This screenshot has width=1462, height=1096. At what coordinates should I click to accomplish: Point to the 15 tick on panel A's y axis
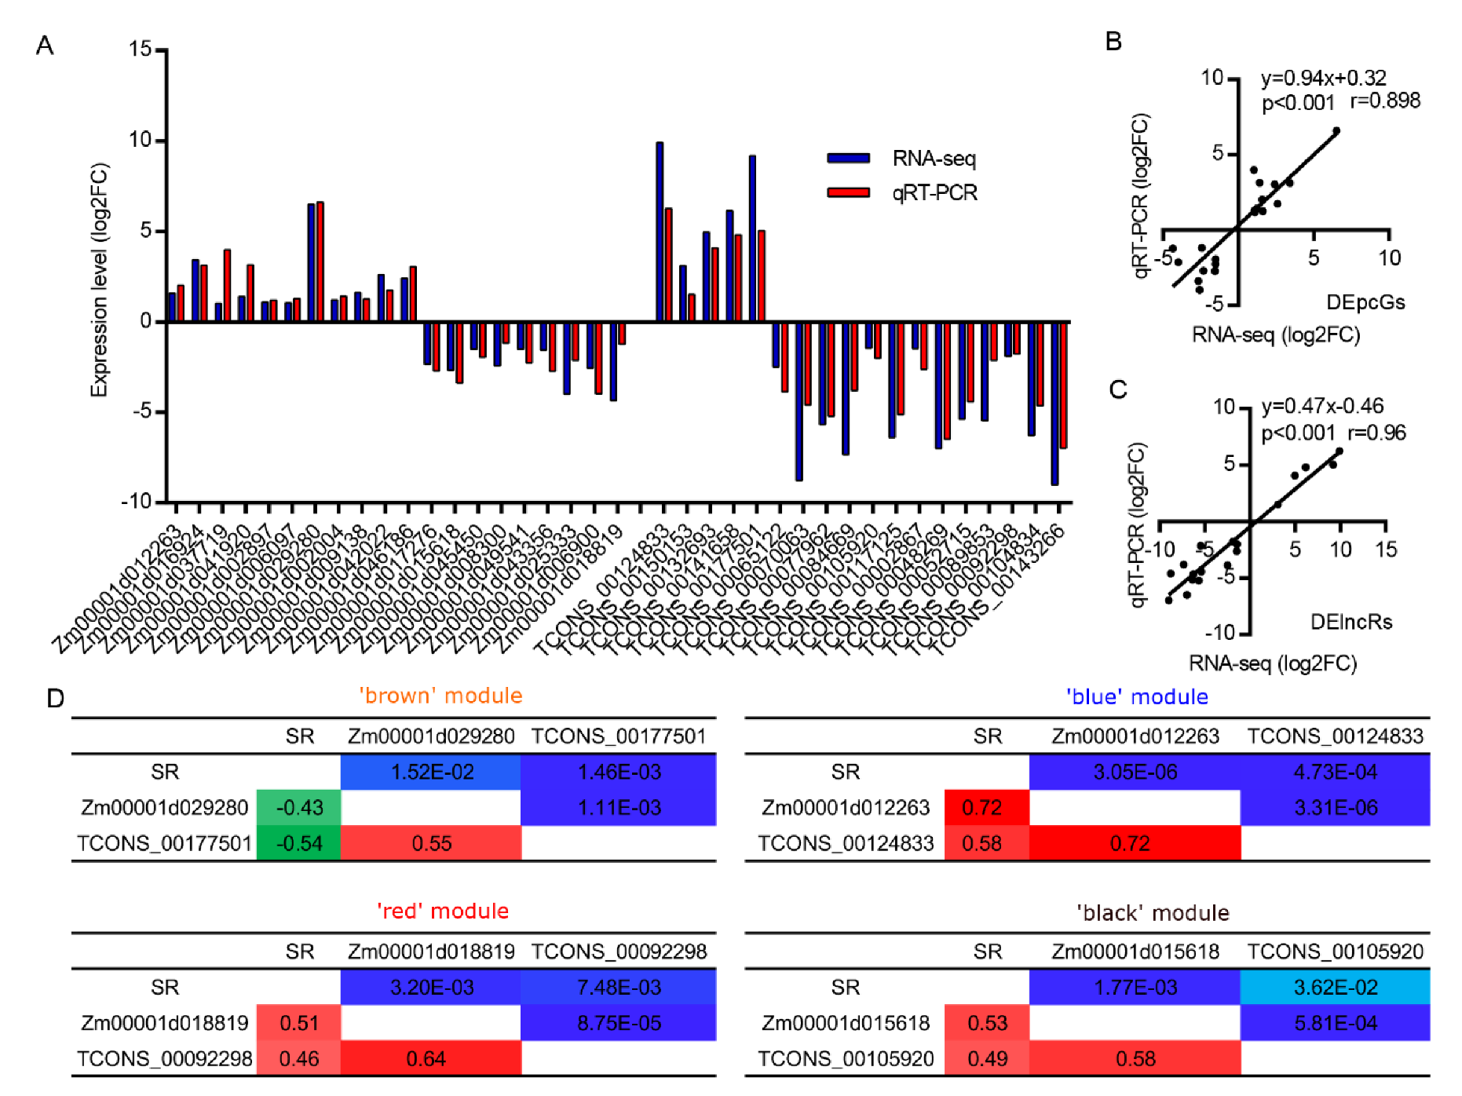click(141, 49)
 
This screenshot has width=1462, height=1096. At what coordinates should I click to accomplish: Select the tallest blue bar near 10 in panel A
click(660, 232)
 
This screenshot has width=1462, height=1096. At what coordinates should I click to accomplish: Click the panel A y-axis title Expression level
click(99, 279)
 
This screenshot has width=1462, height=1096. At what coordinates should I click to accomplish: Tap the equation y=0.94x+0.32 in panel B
click(1323, 78)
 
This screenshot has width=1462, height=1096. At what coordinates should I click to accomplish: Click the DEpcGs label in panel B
click(1365, 302)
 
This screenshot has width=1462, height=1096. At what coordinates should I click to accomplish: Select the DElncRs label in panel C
click(1351, 622)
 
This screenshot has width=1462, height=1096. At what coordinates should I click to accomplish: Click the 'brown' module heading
click(440, 696)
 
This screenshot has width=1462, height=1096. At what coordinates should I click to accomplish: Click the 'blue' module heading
click(1136, 696)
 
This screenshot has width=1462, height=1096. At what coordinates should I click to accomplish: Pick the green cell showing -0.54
click(299, 843)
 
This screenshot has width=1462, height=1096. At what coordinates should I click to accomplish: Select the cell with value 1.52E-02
click(431, 772)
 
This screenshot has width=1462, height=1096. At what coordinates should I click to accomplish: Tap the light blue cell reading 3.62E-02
click(1335, 987)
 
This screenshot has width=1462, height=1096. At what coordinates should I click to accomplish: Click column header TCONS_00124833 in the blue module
click(1335, 736)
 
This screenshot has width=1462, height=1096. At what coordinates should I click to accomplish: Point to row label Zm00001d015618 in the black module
click(845, 1023)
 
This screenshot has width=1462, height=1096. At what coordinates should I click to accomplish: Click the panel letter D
click(55, 698)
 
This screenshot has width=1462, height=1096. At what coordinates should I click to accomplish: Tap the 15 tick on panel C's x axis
click(1386, 549)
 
